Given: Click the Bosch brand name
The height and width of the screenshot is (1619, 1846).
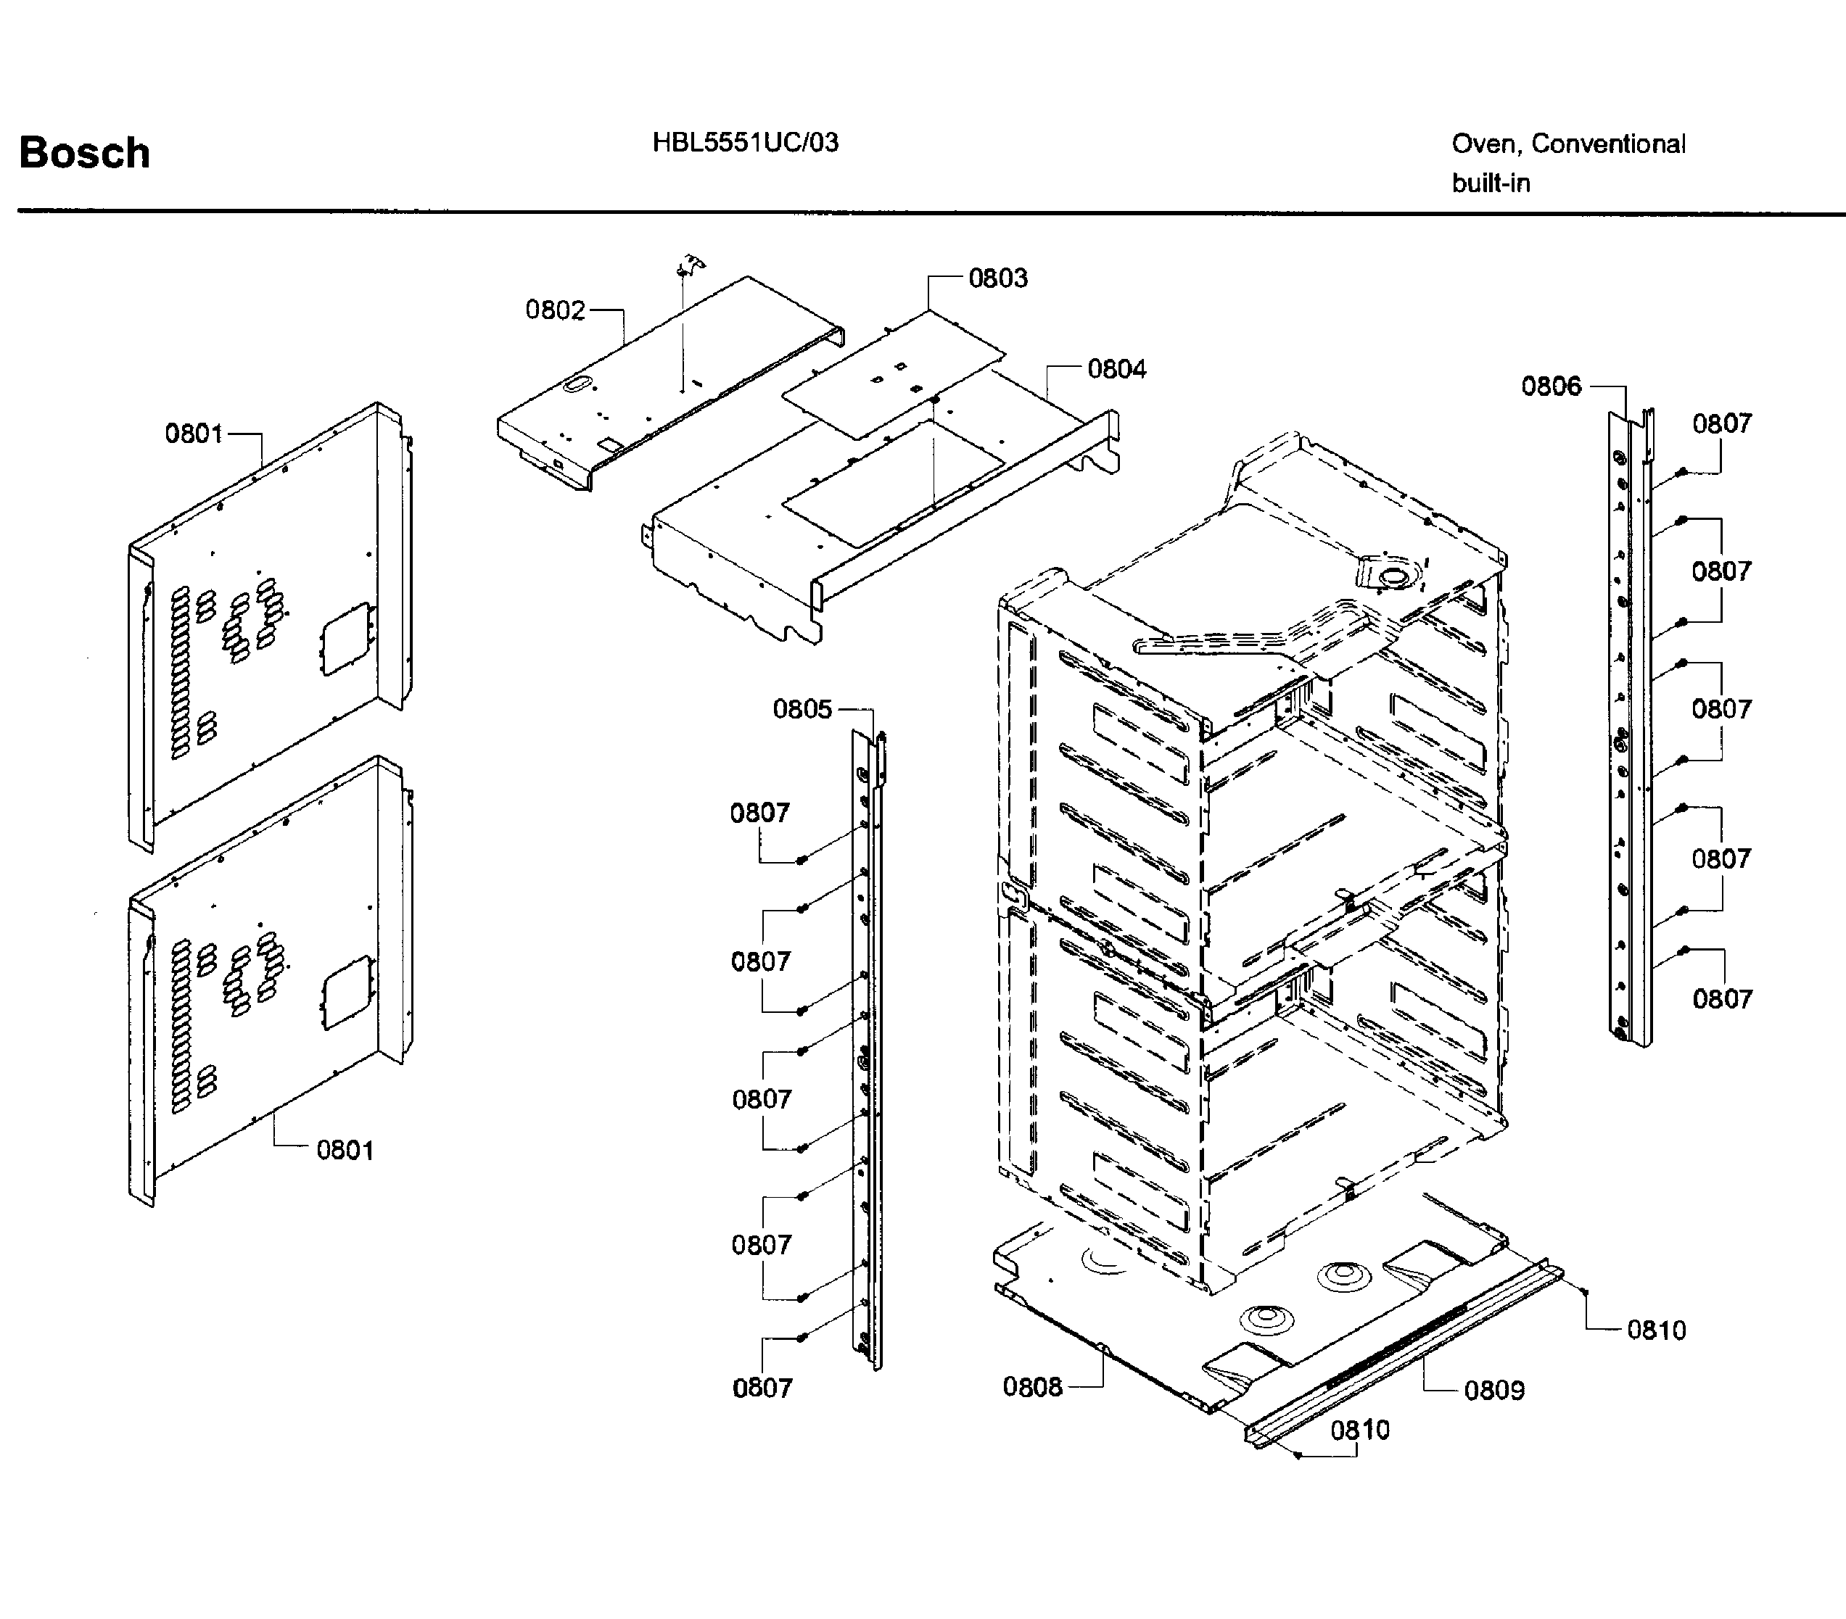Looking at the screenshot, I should pyautogui.click(x=84, y=152).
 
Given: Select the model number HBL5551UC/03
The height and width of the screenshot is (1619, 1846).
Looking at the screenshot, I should pyautogui.click(x=745, y=143).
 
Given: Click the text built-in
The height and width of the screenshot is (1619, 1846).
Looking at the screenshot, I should pyautogui.click(x=1490, y=183).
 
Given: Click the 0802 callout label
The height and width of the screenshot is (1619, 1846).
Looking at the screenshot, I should pyautogui.click(x=554, y=310).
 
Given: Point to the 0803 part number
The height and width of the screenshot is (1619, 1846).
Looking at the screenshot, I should pyautogui.click(x=997, y=278).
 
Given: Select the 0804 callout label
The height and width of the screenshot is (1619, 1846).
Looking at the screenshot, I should pyautogui.click(x=1116, y=368).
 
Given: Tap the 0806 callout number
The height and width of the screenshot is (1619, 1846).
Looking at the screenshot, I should pyautogui.click(x=1551, y=386).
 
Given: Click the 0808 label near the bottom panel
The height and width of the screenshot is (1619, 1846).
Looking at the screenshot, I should pyautogui.click(x=1032, y=1387).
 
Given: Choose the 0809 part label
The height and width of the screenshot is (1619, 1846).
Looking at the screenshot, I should pyautogui.click(x=1493, y=1390).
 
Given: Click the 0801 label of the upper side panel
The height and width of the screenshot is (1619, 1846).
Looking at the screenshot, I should pyautogui.click(x=193, y=434).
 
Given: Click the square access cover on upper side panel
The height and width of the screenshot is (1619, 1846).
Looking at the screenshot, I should pyautogui.click(x=346, y=638).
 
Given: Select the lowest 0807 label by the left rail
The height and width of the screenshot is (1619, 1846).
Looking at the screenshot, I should pyautogui.click(x=762, y=1388).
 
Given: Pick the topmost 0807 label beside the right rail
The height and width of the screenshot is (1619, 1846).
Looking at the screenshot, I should pyautogui.click(x=1721, y=423).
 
